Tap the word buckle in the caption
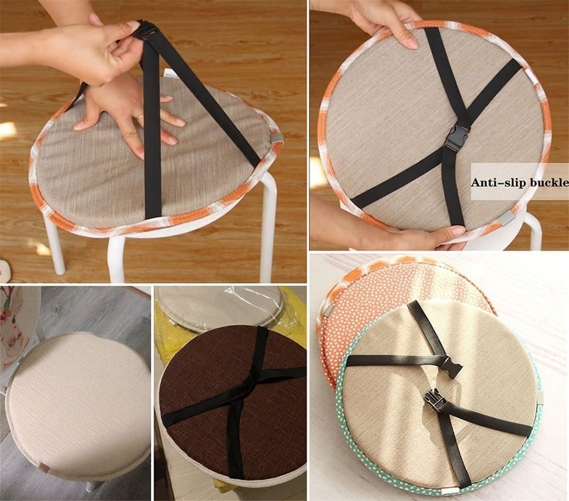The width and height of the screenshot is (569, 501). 546,182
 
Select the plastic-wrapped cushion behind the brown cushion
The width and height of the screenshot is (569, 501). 223,303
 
